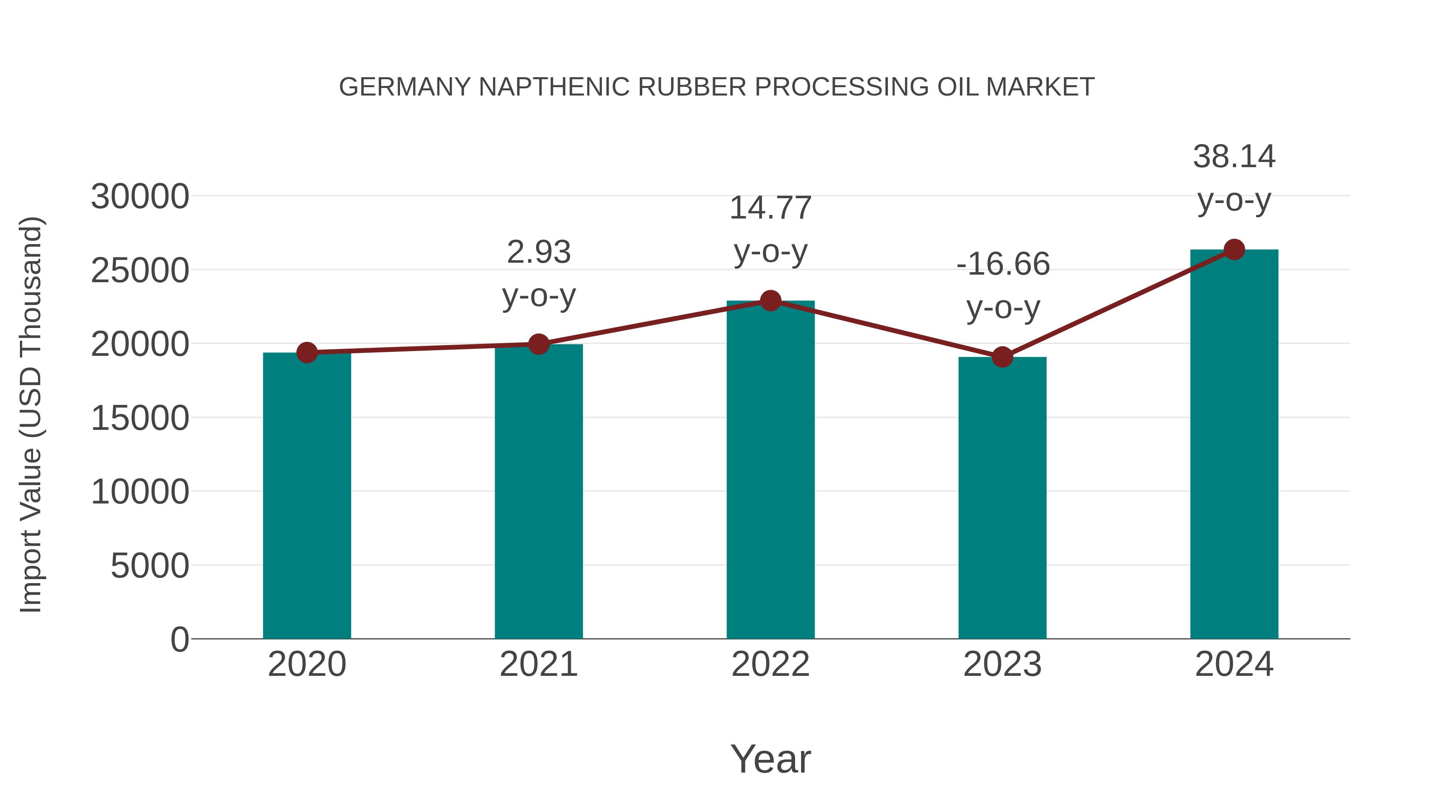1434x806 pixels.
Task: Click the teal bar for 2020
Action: coord(307,495)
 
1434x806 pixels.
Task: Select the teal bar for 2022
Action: coord(770,470)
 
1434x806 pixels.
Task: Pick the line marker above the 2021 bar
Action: coord(538,344)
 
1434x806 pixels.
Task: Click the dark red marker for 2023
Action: coord(1002,357)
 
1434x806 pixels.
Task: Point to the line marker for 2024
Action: coord(1234,250)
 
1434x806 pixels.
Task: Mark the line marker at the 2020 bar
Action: coord(307,352)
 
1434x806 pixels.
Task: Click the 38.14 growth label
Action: coord(1234,157)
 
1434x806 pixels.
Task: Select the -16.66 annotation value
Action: coord(1003,264)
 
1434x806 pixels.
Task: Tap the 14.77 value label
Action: coord(770,209)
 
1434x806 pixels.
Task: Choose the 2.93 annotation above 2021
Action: coord(538,252)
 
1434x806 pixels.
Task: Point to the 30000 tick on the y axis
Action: coord(140,197)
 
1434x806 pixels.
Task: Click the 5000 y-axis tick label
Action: coord(150,566)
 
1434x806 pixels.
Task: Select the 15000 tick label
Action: coord(140,418)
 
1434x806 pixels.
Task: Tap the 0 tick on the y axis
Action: coord(179,640)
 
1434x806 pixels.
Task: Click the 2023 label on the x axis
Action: coord(1002,664)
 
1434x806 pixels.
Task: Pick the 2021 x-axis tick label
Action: coord(538,664)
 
